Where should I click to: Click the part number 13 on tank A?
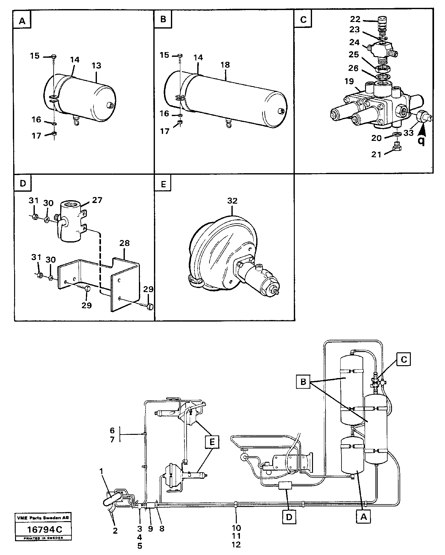pos(96,66)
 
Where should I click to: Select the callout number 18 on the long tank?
pos(225,65)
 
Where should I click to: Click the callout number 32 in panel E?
pos(232,201)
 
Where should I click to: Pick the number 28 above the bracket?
pos(124,243)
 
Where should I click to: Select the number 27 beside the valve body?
pos(97,200)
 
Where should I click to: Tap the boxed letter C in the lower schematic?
pos(404,360)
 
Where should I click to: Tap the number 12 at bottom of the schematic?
pos(236,545)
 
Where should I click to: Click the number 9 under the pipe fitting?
pos(150,529)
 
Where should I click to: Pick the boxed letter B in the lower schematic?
pos(303,382)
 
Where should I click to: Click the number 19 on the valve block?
pos(349,82)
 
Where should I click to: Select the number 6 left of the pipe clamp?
pos(112,430)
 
